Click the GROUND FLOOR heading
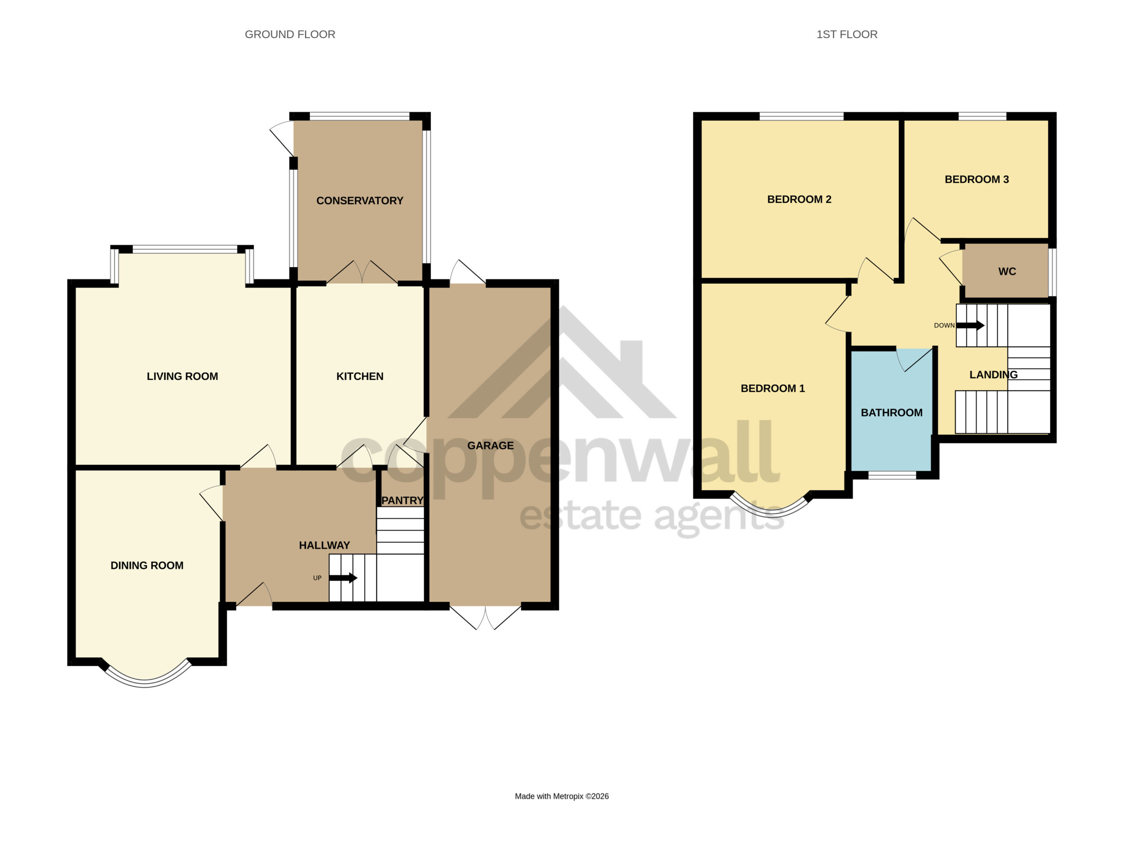click(290, 35)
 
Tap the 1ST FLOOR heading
click(847, 35)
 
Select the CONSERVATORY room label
click(360, 201)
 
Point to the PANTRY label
click(403, 500)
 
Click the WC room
click(1006, 271)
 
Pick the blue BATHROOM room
click(892, 409)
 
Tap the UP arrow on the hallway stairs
click(343, 578)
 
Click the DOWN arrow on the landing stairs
click(970, 326)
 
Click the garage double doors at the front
click(485, 616)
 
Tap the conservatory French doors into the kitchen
click(362, 272)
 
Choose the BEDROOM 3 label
click(976, 179)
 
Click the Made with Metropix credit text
click(562, 796)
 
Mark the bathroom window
click(892, 475)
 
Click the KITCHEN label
click(360, 376)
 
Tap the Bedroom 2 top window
click(801, 116)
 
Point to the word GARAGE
click(490, 445)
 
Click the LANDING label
click(994, 375)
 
